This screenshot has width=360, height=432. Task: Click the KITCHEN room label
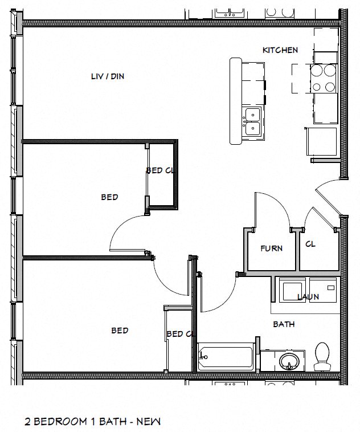[x=280, y=50]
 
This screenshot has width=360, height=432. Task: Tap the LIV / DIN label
[x=108, y=76]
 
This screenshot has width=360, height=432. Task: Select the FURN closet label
[x=272, y=248]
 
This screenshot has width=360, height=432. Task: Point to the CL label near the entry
[x=310, y=244]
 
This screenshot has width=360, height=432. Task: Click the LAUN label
[x=308, y=297]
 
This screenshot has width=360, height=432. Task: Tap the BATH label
[x=284, y=324]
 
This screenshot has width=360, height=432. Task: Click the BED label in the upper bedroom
[x=109, y=197]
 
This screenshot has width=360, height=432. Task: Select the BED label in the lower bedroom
[x=120, y=331]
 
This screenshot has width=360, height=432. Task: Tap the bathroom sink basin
[x=289, y=361]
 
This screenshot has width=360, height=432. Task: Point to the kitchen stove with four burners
[x=324, y=79]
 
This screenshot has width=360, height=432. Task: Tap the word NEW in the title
[x=150, y=422]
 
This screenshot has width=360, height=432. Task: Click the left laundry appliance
[x=291, y=290]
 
